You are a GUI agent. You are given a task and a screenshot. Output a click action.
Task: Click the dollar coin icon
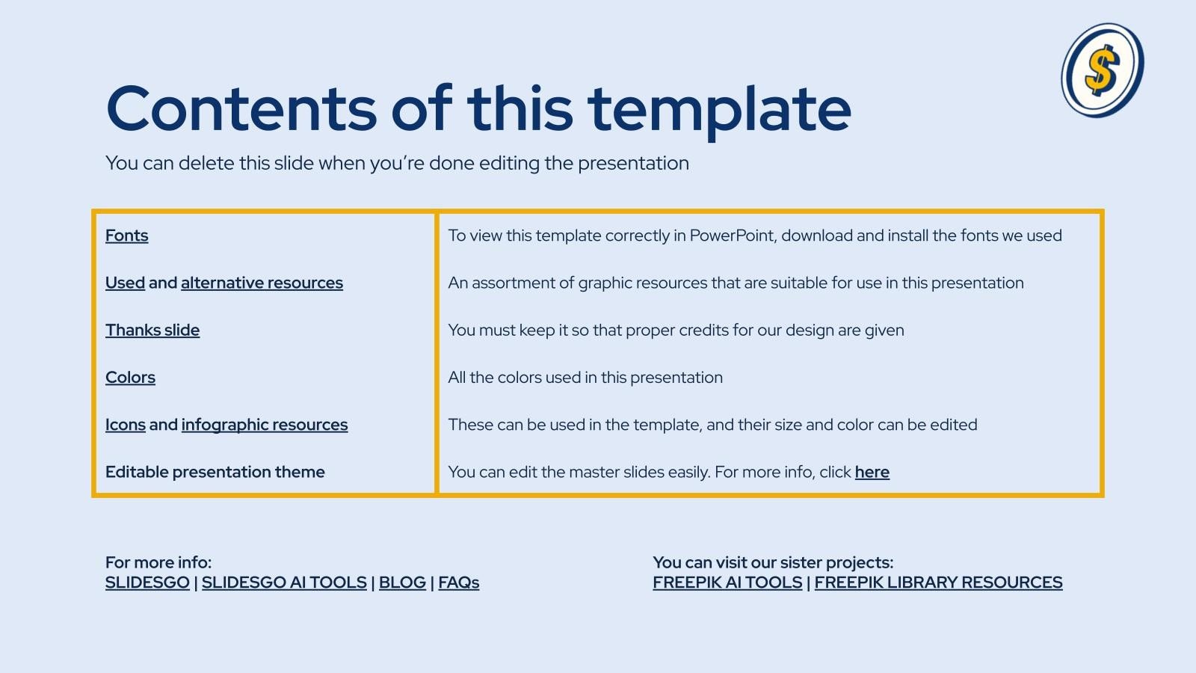coord(1103,70)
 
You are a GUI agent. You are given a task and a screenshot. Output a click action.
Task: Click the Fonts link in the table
coord(126,236)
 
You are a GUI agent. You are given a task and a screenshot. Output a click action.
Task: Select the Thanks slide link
coord(152,330)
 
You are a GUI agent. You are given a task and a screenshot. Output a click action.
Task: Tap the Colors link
coord(130,377)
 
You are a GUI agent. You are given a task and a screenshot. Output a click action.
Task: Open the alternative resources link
coord(262,283)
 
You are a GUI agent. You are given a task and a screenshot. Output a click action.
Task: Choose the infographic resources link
coord(265,425)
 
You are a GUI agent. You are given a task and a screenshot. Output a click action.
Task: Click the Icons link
coord(125,425)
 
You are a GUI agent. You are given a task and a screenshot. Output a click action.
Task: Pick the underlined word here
coord(872,472)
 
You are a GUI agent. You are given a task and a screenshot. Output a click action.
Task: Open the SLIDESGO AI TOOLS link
coord(284,583)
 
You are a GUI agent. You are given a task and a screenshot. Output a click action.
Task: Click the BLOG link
coord(402,583)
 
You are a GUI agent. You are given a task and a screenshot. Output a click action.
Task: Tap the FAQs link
coord(458,583)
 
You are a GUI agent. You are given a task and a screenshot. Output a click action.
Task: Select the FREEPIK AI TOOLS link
coord(727,583)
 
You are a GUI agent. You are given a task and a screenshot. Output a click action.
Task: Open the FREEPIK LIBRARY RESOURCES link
coord(938,583)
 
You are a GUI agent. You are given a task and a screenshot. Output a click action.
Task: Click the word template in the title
coord(719,110)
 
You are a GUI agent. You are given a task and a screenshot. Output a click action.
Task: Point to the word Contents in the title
coord(241,108)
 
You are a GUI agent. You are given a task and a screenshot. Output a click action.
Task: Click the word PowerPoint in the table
coord(733,236)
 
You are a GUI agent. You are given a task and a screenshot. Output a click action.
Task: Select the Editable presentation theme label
coord(215,472)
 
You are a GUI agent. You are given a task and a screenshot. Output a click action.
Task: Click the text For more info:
coord(158,562)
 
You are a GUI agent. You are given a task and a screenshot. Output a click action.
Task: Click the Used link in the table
coord(125,283)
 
